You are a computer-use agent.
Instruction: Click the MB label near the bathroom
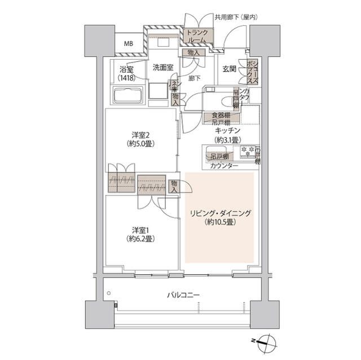click(129, 43)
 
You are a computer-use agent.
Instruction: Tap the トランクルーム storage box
click(197, 37)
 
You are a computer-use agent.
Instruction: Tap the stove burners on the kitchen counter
click(247, 151)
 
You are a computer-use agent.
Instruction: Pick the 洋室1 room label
click(141, 234)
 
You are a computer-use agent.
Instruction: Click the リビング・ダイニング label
click(220, 217)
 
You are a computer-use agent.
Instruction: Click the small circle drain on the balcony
click(109, 293)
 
